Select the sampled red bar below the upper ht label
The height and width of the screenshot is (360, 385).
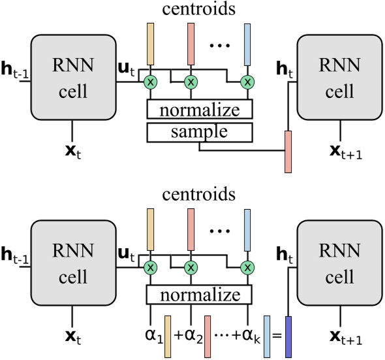288,152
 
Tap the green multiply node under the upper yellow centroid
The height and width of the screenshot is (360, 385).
151,82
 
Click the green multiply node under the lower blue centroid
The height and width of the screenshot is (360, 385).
247,268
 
